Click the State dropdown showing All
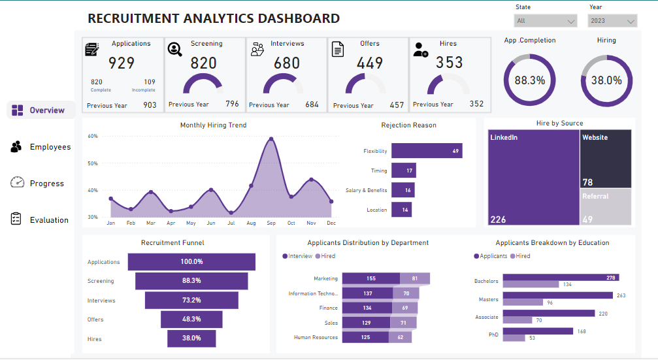tap(546, 21)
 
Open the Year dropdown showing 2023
tap(612, 21)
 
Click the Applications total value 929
tap(122, 63)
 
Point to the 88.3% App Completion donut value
tap(529, 80)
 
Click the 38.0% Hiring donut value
tap(606, 80)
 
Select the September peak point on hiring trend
tap(271, 139)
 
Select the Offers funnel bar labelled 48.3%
tap(191, 319)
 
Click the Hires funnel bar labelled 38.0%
tap(191, 338)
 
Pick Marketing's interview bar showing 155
tap(370, 278)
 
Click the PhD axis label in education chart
tap(493, 335)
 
